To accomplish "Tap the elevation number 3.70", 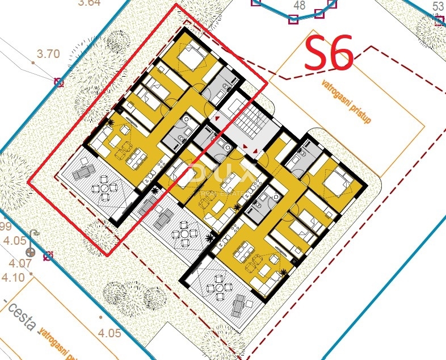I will coord(48,55).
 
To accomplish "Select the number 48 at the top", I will coord(299,6).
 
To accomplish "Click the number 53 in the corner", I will coord(437,6).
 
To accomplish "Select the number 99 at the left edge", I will coord(6,227).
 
